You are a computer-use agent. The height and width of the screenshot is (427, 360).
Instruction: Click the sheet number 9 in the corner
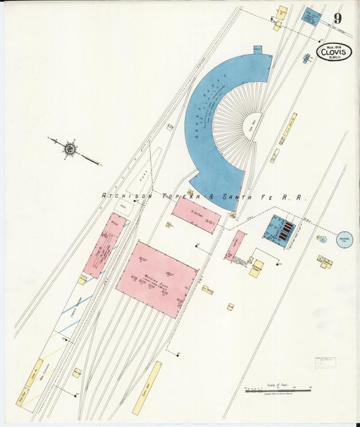pyautogui.click(x=337, y=18)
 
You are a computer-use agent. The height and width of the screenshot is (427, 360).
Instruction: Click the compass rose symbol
pyautogui.click(x=69, y=147)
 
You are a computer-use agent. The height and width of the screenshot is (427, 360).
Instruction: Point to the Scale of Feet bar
pyautogui.click(x=278, y=389)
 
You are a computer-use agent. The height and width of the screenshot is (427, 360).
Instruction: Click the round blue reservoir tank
pyautogui.click(x=345, y=239)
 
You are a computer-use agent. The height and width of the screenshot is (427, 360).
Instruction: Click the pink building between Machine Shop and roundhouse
pyautogui.click(x=196, y=215)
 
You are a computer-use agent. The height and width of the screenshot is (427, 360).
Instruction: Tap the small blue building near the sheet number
pyautogui.click(x=311, y=17)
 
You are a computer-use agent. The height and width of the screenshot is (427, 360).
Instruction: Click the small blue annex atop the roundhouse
pyautogui.click(x=257, y=50)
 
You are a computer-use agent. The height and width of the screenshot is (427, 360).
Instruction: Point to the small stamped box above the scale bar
pyautogui.click(x=325, y=364)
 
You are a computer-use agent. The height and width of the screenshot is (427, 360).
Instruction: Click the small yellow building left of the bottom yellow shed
pyautogui.click(x=77, y=372)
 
